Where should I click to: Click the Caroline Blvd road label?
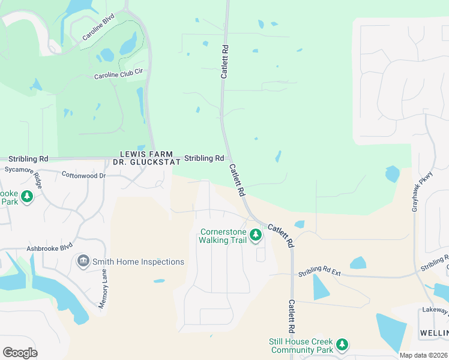click(x=98, y=28)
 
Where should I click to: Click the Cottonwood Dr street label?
click(x=83, y=175)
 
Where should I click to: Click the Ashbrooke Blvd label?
click(x=49, y=247)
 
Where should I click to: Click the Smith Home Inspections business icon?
click(x=83, y=261)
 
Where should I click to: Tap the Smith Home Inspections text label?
click(x=139, y=262)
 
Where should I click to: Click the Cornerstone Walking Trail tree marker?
click(x=256, y=235)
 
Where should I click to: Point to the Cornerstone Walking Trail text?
click(x=223, y=236)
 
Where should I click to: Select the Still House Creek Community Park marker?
click(x=342, y=344)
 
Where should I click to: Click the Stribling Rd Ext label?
click(x=319, y=273)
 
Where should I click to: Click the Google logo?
click(x=20, y=353)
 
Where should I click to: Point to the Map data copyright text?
click(x=423, y=355)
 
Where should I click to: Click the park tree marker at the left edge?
click(x=26, y=196)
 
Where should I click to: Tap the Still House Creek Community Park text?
click(x=300, y=346)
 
